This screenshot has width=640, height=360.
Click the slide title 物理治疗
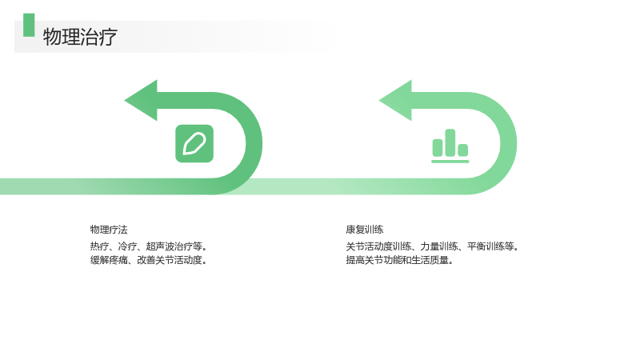click(x=80, y=37)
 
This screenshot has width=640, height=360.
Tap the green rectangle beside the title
click(x=29, y=25)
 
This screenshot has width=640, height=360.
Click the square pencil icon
click(x=194, y=144)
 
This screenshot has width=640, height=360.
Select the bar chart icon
click(x=450, y=146)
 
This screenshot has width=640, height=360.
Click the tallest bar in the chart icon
click(x=450, y=142)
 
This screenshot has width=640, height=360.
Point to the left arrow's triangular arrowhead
click(x=141, y=101)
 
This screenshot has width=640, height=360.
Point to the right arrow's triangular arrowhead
click(x=395, y=101)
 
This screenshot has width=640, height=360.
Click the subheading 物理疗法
click(x=109, y=230)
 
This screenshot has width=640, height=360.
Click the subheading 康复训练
click(x=365, y=230)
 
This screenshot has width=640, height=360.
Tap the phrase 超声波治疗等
click(x=174, y=246)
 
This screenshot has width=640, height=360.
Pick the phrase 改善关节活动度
click(x=170, y=260)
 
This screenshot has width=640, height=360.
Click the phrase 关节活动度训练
click(x=378, y=246)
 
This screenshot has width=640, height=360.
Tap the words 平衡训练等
click(x=490, y=246)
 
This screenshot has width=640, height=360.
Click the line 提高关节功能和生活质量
click(x=398, y=260)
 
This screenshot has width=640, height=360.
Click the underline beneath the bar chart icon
click(x=450, y=162)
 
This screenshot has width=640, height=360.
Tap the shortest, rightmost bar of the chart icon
click(x=463, y=150)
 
